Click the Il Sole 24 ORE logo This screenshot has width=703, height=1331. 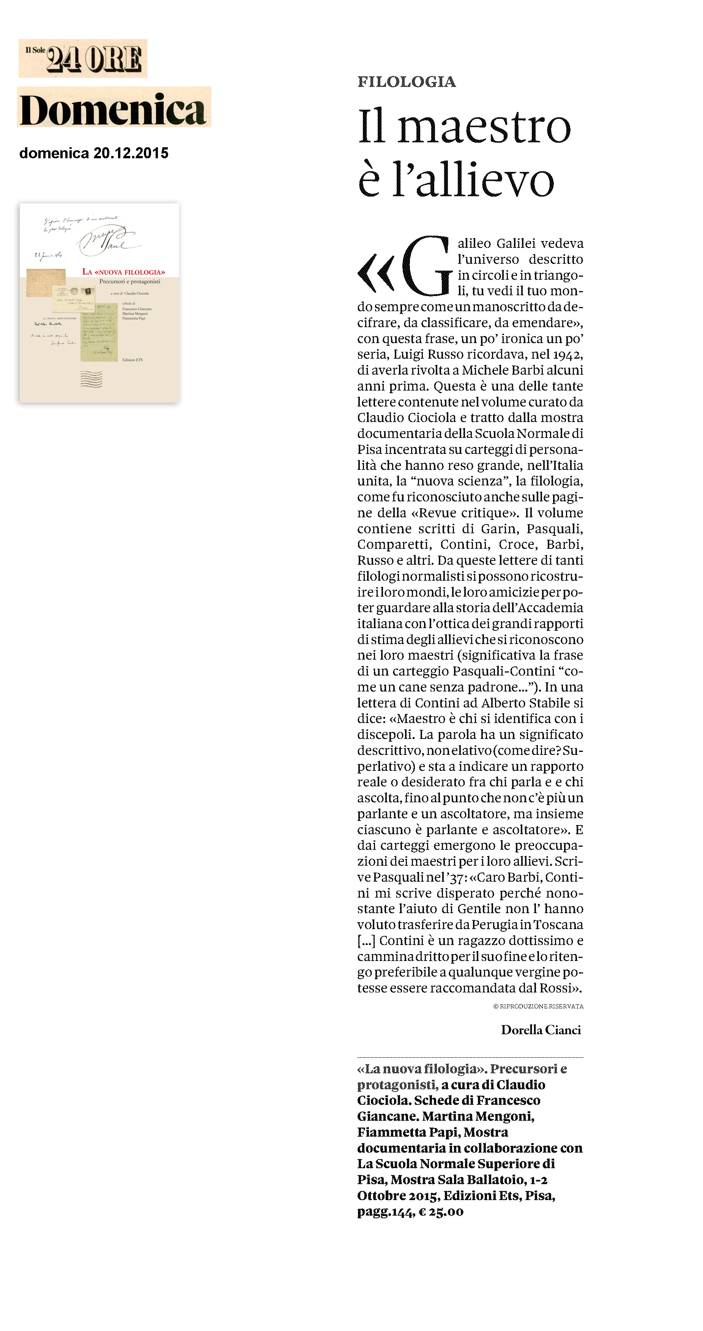click(83, 58)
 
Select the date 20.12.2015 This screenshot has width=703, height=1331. click(131, 153)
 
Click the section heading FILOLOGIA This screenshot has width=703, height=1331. click(406, 82)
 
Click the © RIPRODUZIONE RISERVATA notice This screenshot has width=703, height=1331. click(538, 1006)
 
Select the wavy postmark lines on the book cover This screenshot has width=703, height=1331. click(91, 379)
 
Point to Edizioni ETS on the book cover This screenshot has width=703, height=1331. click(132, 360)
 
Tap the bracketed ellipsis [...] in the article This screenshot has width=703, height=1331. click(366, 940)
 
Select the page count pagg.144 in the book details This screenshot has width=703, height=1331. click(386, 1212)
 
